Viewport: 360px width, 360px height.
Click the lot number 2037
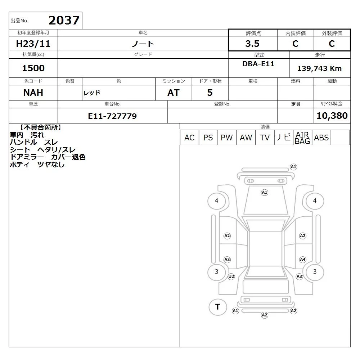(64, 21)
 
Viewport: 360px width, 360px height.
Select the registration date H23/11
(33, 44)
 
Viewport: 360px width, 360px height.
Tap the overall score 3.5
(252, 44)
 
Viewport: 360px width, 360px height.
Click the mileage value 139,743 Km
(319, 68)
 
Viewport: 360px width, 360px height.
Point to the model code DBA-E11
(258, 64)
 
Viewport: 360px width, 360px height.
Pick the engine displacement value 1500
(33, 68)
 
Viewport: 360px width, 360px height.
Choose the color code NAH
(33, 93)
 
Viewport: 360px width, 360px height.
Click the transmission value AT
(174, 93)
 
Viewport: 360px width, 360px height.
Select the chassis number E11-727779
(112, 116)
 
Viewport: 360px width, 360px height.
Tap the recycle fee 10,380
(332, 116)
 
